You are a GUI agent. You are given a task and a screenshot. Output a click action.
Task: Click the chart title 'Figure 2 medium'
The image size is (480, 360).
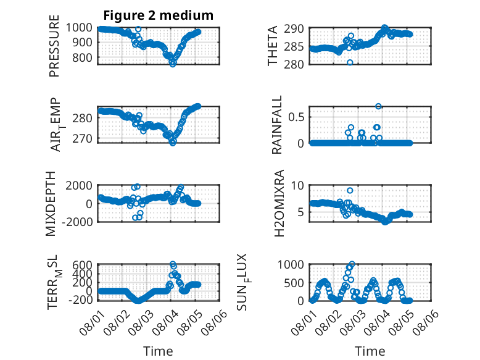(159, 15)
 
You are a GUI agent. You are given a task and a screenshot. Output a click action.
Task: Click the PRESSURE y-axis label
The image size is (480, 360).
(54, 46)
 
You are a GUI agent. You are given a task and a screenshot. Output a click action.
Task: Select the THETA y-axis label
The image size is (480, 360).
(272, 46)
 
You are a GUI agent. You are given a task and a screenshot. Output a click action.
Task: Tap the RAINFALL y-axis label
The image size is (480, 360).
(276, 125)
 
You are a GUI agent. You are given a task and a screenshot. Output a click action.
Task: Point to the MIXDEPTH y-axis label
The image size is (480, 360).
(51, 204)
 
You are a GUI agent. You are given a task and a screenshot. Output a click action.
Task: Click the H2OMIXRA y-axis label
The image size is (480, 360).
(279, 203)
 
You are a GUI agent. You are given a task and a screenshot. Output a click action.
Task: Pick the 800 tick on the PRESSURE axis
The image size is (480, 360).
(82, 57)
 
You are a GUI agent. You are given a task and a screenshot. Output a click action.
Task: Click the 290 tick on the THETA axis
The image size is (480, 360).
(294, 29)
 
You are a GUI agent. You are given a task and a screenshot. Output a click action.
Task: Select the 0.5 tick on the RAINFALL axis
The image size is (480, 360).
(296, 117)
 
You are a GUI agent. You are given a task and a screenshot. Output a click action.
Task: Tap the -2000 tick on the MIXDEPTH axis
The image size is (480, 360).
(77, 222)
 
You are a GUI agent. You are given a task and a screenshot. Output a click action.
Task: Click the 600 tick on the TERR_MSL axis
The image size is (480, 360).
(82, 265)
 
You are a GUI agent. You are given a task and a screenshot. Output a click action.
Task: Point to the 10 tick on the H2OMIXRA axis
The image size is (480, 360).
(297, 185)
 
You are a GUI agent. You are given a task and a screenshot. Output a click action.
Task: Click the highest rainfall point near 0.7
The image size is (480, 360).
(378, 106)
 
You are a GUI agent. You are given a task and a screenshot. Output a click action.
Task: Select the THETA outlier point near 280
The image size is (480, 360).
(350, 62)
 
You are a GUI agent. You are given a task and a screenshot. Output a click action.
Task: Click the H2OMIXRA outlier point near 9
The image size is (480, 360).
(350, 191)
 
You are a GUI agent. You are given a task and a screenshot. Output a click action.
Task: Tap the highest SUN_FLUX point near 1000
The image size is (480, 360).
(352, 264)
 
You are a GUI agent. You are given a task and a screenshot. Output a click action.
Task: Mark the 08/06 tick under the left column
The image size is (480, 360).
(214, 322)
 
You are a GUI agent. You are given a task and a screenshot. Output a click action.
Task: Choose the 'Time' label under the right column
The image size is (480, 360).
(370, 351)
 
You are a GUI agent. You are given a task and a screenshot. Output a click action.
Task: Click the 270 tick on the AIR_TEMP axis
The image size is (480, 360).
(82, 139)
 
